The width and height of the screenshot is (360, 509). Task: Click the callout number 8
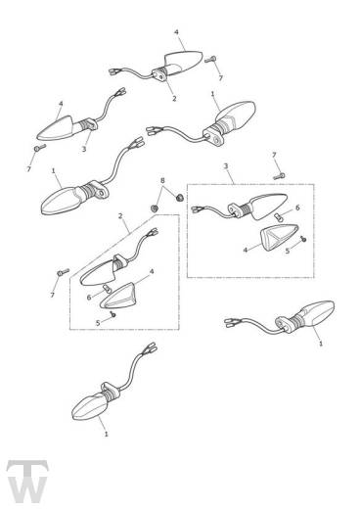(164, 181)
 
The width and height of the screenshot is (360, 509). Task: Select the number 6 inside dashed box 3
(298, 208)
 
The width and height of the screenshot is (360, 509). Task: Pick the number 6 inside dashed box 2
(88, 298)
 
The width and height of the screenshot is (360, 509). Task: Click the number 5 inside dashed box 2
(98, 322)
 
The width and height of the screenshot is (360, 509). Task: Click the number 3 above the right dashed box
(225, 166)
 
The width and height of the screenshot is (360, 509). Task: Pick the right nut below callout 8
(179, 197)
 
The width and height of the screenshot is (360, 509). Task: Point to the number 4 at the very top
(176, 32)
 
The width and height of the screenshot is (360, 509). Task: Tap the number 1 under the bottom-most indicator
(106, 433)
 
